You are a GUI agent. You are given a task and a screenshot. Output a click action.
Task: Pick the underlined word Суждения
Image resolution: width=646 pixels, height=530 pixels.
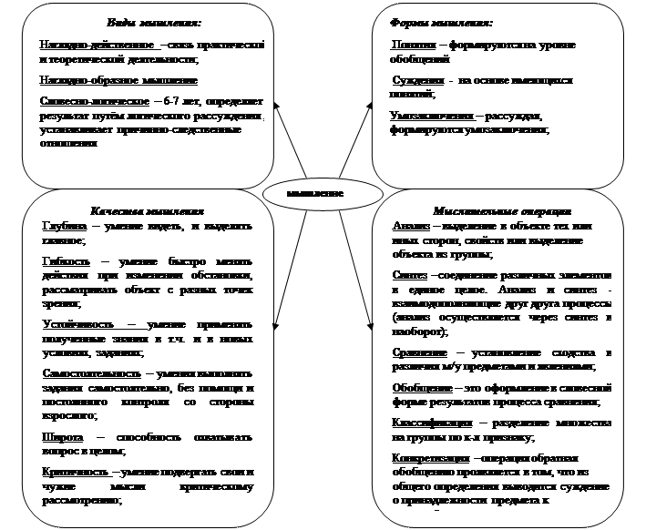click(413, 80)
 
